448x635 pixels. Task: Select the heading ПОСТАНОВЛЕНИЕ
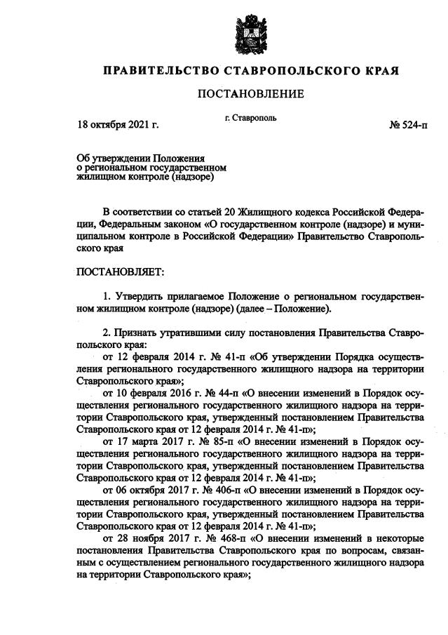coord(250,93)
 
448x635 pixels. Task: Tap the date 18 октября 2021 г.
coord(118,125)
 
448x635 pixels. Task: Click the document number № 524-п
coord(407,125)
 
